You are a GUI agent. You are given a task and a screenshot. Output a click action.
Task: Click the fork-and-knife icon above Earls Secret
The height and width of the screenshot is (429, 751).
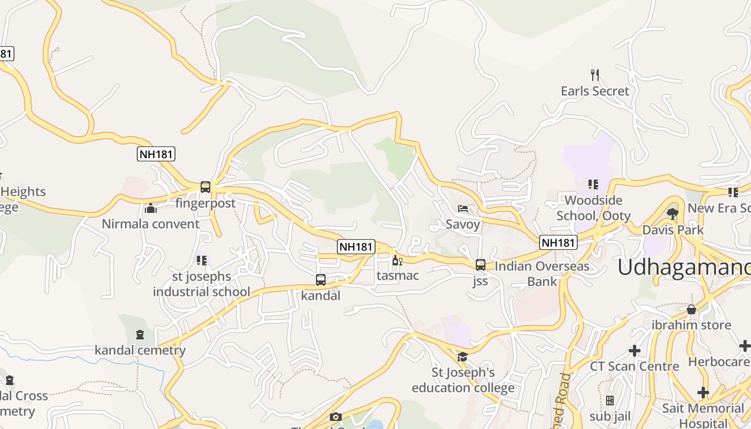[594, 75]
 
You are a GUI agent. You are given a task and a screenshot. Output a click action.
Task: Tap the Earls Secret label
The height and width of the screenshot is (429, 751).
[594, 91]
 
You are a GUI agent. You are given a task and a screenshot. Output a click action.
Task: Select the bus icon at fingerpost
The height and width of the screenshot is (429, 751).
[205, 187]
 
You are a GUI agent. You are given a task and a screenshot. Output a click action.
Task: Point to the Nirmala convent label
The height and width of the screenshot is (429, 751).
[151, 224]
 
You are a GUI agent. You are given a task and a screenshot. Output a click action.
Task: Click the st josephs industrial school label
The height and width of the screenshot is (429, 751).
[201, 284]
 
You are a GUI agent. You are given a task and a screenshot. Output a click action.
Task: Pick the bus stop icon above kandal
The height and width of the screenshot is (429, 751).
[320, 280]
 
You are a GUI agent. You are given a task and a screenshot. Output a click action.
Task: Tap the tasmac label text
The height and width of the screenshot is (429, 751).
[397, 276]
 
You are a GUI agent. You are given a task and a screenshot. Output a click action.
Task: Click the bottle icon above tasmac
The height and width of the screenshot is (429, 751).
[397, 261]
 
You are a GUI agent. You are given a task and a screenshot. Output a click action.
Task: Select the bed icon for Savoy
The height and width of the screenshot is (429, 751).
[462, 209]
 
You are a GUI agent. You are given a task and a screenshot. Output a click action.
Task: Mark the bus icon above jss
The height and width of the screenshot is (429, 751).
[480, 265]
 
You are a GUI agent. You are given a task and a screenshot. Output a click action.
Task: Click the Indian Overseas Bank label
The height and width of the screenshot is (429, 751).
[542, 273]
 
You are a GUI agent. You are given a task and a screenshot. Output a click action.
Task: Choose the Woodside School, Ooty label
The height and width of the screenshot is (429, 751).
[593, 208]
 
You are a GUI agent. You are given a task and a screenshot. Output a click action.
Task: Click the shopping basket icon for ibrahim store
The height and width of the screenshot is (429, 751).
[691, 309]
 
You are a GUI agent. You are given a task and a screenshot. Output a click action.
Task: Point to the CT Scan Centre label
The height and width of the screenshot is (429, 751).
[634, 367]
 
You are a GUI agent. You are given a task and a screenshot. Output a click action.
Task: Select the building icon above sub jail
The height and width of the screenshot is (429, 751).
[609, 401]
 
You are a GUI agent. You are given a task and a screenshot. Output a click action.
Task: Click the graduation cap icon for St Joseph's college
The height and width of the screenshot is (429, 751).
[462, 357]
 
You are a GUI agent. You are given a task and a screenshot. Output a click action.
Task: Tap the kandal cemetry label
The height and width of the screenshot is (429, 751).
[140, 351]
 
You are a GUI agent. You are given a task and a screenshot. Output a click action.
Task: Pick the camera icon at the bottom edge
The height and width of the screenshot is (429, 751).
[336, 417]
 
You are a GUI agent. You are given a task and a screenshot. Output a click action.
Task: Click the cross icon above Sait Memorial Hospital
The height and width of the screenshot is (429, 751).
[703, 393]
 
